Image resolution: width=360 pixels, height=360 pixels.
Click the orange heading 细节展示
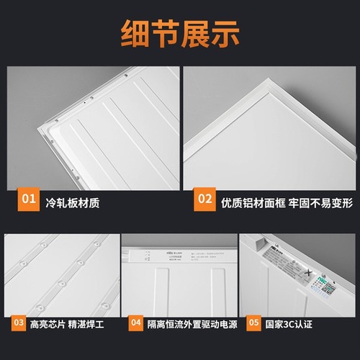click(179, 32)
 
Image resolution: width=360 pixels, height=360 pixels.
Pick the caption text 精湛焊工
click(89, 325)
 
